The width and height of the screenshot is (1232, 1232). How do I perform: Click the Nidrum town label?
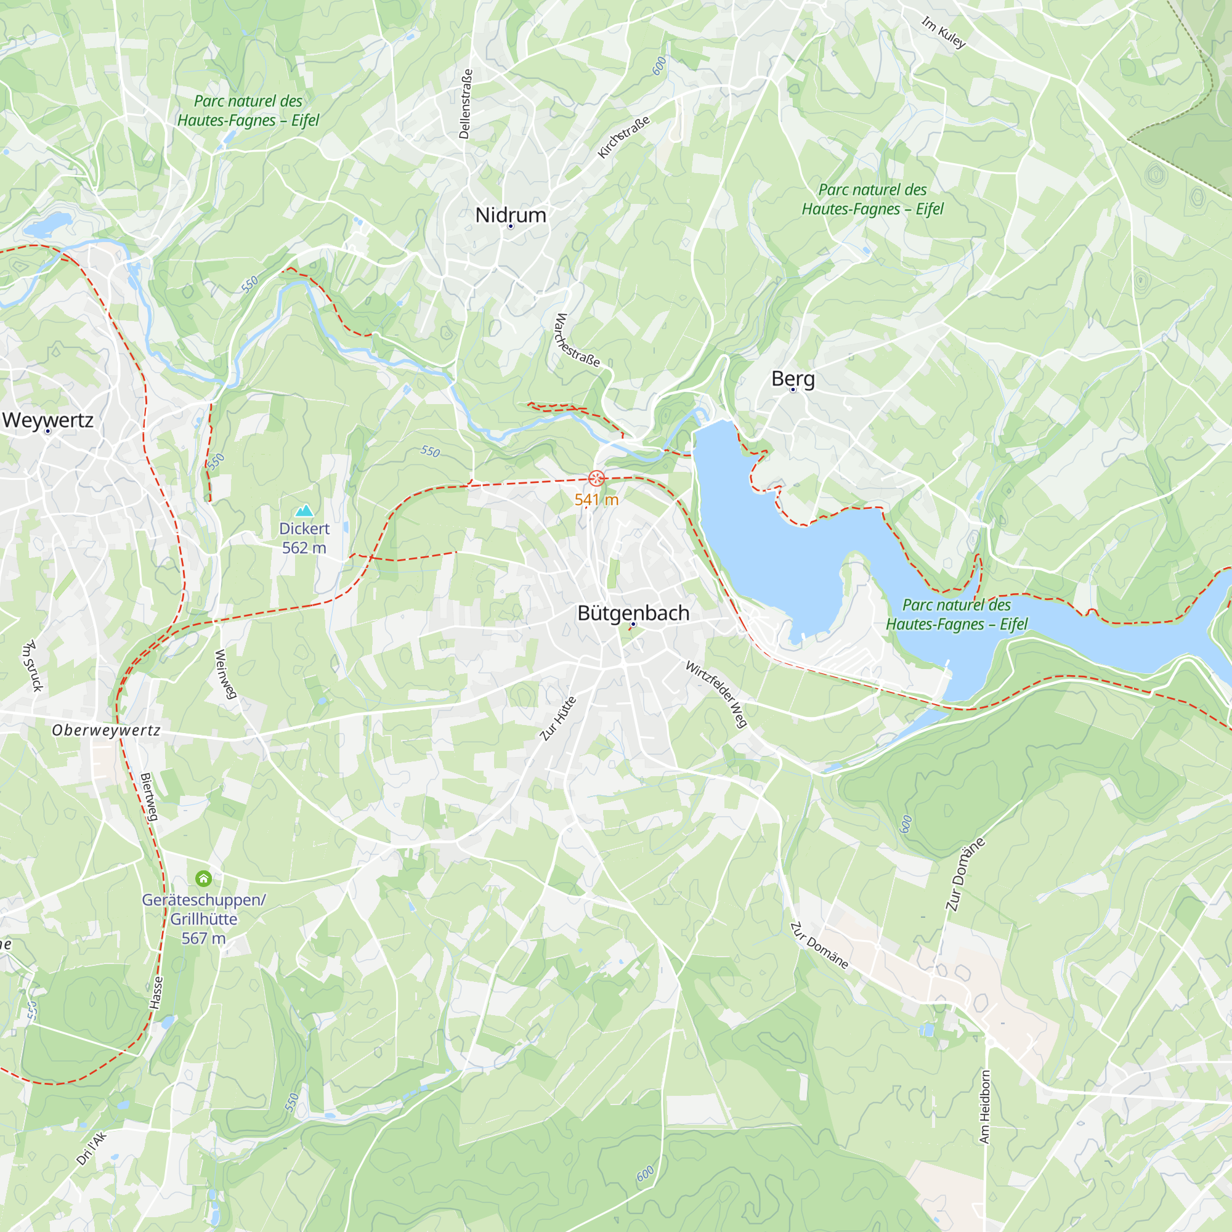click(x=510, y=215)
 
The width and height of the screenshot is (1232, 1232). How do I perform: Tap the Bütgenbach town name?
click(x=633, y=613)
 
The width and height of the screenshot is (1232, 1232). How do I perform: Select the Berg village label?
click(x=793, y=378)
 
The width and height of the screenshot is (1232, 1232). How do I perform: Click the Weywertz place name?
click(x=48, y=419)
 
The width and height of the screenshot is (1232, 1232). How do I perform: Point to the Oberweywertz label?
click(x=106, y=730)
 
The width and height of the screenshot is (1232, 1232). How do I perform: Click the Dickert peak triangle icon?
click(x=304, y=510)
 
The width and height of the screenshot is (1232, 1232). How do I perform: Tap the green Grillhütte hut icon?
click(x=203, y=879)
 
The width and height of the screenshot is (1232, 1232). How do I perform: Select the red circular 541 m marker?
click(x=596, y=477)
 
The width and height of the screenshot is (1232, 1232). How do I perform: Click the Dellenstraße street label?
click(x=466, y=104)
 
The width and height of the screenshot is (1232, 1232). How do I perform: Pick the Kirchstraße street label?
click(x=623, y=137)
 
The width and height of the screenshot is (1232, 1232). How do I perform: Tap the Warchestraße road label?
click(x=577, y=340)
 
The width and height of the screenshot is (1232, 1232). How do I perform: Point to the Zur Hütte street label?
click(x=558, y=719)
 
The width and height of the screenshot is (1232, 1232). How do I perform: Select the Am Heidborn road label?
click(x=984, y=1106)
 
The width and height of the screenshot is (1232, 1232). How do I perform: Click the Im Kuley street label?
click(x=943, y=33)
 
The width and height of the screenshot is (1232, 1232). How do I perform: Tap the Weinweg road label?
click(x=225, y=674)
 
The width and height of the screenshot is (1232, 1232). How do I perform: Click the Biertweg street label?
click(x=148, y=797)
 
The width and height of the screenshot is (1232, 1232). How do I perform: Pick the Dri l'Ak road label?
click(x=91, y=1148)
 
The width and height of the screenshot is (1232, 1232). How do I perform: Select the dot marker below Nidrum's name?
click(x=510, y=226)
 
